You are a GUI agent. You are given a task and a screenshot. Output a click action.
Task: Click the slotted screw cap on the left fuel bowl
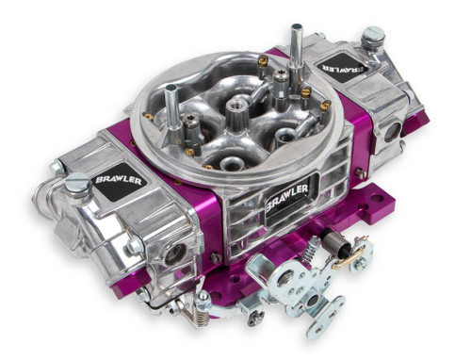pyautogui.click(x=76, y=182)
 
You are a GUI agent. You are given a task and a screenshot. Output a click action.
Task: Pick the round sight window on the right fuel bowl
pyautogui.click(x=391, y=130)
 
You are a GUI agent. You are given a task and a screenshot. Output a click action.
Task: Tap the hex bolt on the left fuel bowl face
pyautogui.click(x=135, y=244)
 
